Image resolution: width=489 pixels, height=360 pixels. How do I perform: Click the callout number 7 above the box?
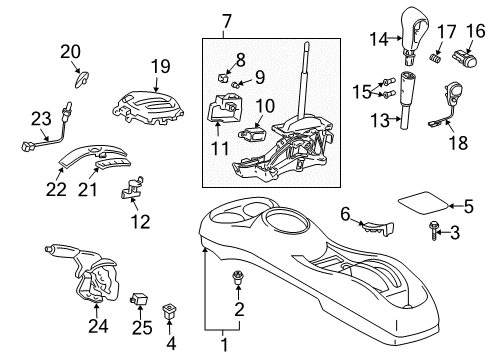pyautogui.click(x=226, y=20)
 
